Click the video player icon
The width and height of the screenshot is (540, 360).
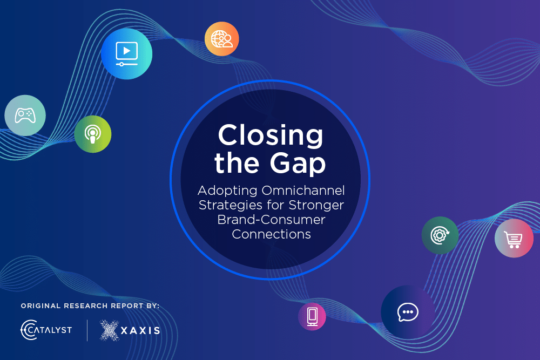127,53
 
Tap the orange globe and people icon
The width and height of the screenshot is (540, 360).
222,39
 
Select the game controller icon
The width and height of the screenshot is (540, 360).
25,116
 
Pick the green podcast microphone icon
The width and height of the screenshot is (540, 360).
93,134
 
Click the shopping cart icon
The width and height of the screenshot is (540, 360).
514,238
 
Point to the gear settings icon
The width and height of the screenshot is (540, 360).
440,235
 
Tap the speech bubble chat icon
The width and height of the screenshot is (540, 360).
408,312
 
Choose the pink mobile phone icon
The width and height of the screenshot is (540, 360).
312,316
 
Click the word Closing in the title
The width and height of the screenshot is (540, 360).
271,135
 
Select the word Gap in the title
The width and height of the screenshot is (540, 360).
298,164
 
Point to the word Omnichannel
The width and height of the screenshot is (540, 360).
303,191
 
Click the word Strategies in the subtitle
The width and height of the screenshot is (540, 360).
232,206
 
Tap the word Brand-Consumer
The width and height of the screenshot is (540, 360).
272,220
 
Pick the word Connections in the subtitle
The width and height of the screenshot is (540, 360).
272,234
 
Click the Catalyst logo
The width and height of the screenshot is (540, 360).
46,330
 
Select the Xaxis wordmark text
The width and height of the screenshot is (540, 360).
140,331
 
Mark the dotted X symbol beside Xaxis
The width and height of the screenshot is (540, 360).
110,330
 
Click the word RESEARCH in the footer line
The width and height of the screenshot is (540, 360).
86,306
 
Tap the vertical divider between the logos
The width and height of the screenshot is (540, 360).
87,330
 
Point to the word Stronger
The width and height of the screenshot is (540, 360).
316,205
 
